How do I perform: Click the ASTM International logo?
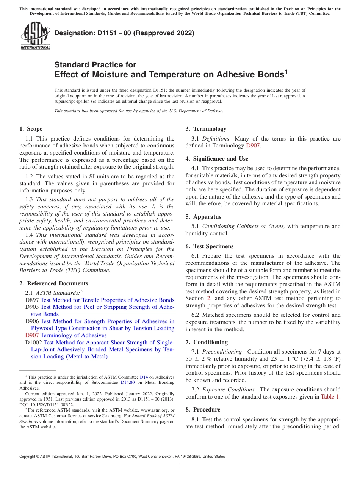(x=35, y=36)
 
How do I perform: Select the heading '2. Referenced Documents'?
(x=53, y=283)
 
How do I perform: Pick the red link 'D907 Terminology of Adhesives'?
(x=66, y=335)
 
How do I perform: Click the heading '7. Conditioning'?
(x=207, y=342)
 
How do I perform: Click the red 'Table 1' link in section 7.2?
(x=330, y=397)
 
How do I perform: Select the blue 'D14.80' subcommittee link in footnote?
(x=127, y=383)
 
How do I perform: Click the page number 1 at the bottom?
(x=180, y=466)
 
